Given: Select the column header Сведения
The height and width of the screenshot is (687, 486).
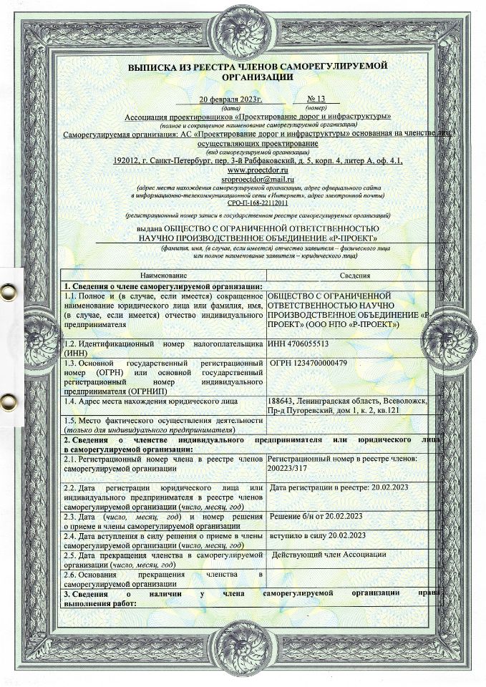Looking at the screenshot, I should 346,275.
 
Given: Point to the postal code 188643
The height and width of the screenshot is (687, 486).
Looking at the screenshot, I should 280,401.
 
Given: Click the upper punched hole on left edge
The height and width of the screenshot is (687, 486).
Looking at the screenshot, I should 8,291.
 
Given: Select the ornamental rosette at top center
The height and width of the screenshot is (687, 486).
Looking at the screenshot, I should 243,29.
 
